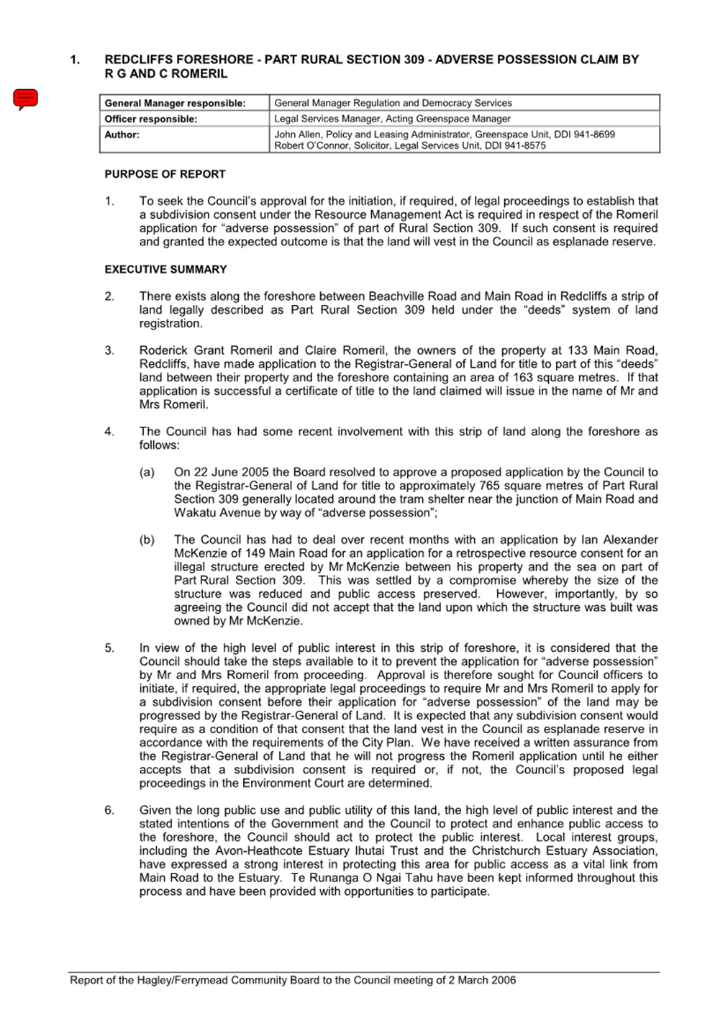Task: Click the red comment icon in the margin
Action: coord(25,99)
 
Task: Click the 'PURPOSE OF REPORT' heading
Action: coord(165,174)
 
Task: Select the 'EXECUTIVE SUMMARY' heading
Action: coord(165,269)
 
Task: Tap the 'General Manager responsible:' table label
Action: coord(175,104)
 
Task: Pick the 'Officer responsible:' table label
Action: coord(150,119)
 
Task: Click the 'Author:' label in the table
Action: coord(122,135)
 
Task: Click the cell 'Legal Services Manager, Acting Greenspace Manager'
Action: coord(392,119)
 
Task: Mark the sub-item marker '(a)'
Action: coord(147,472)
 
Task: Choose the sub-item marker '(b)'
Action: coord(147,540)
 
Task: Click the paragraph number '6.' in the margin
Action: coord(109,810)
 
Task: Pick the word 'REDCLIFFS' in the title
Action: coord(137,60)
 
